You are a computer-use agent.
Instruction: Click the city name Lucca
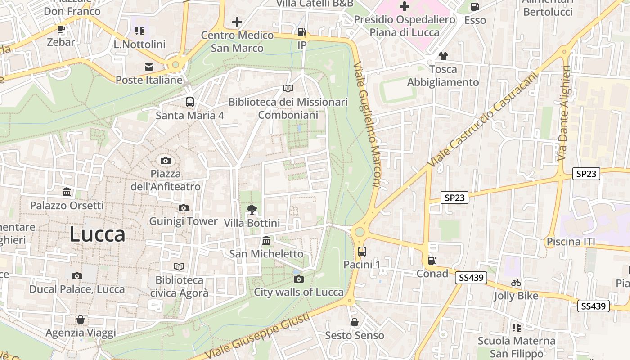[97, 234]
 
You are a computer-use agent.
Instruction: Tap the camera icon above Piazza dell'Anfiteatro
[166, 161]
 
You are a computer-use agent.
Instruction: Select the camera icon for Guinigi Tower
[183, 208]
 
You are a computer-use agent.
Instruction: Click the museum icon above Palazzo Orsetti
[67, 192]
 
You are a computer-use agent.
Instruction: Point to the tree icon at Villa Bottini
[252, 209]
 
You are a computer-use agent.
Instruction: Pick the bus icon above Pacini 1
[362, 251]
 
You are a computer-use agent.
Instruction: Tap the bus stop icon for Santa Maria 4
[189, 102]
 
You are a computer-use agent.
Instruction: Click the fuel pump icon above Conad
[432, 260]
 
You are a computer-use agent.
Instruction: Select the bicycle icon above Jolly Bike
[516, 283]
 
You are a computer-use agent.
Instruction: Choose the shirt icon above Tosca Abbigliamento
[443, 56]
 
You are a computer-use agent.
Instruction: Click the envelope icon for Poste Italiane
[149, 67]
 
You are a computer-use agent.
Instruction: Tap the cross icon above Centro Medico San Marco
[237, 22]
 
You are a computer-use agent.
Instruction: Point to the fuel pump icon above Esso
[475, 7]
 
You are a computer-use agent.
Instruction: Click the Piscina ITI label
[571, 242]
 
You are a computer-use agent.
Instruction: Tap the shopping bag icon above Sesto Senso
[355, 322]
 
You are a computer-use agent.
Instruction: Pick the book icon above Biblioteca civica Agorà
[179, 266]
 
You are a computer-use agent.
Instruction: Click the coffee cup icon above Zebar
[61, 29]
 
